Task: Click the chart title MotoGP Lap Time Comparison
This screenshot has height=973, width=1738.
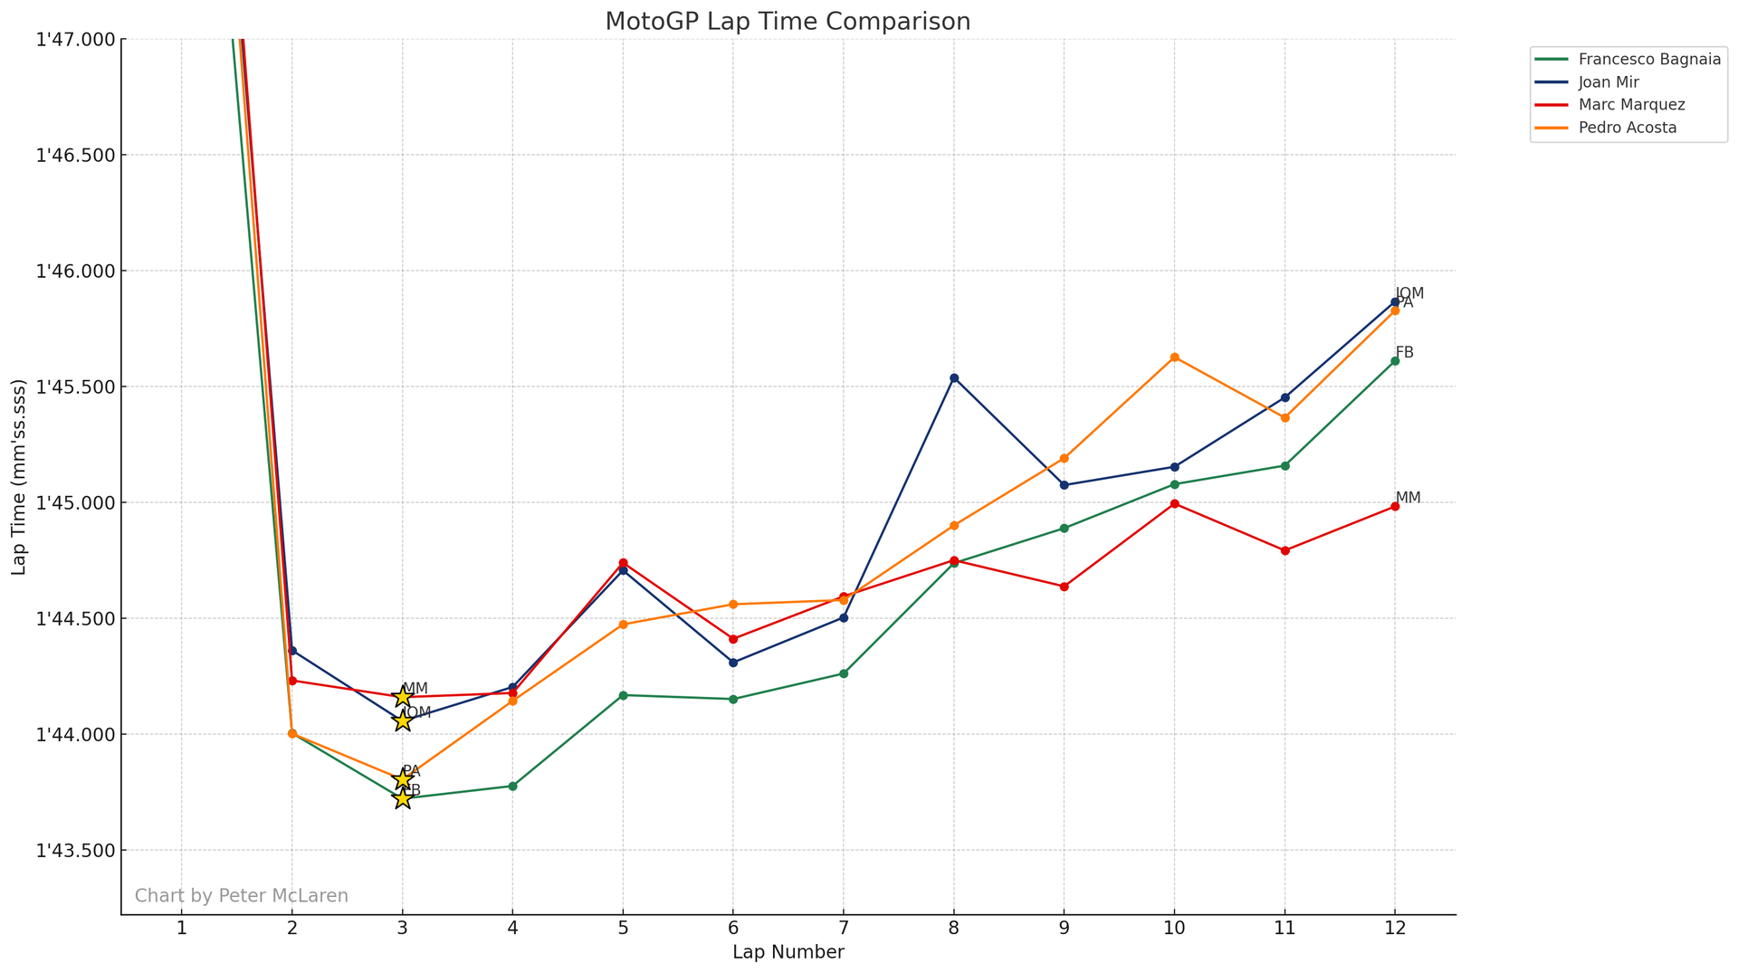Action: [x=788, y=22]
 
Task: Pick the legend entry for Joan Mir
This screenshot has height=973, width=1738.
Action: [x=1608, y=82]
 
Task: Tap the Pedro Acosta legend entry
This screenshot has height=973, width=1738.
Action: [x=1627, y=128]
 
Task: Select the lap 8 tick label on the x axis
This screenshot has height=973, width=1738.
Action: [x=954, y=928]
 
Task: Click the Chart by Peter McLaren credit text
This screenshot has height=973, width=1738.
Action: [x=241, y=896]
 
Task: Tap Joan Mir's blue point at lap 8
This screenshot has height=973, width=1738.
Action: [x=954, y=377]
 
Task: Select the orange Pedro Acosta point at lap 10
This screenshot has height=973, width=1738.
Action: [x=1175, y=358]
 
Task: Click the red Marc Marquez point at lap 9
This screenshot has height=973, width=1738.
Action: [x=1065, y=587]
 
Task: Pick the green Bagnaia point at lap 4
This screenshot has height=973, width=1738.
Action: [x=513, y=787]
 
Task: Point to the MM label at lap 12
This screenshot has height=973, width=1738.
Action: [x=1408, y=499]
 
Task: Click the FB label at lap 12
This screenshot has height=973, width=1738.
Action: [x=1404, y=353]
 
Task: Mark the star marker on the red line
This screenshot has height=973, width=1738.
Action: [x=403, y=697]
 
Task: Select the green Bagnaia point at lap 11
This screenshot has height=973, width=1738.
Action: [x=1284, y=466]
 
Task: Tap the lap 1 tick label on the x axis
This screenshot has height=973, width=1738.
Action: [x=182, y=928]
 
